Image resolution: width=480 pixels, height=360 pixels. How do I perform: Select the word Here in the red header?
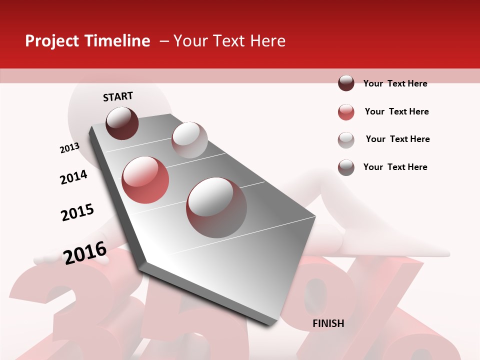[x=267, y=41]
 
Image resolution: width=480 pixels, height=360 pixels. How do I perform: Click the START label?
[x=118, y=96]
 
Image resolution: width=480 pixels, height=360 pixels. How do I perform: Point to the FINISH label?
[x=328, y=323]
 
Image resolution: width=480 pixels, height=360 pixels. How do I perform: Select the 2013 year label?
[x=69, y=148]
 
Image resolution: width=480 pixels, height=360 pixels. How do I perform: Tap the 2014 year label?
[x=73, y=177]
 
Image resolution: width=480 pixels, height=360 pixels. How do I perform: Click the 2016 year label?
[x=84, y=252]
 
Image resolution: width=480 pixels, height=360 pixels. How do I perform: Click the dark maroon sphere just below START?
[x=122, y=123]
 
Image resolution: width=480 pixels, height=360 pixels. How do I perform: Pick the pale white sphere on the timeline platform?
[x=189, y=139]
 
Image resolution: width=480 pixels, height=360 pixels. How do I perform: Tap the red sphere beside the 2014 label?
[x=145, y=179]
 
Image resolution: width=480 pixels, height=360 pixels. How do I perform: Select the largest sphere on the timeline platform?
[x=216, y=207]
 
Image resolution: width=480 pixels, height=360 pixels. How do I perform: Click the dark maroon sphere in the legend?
[x=346, y=83]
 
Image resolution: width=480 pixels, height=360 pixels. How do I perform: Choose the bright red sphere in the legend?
[x=346, y=112]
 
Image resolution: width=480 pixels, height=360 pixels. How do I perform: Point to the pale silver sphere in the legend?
[x=346, y=140]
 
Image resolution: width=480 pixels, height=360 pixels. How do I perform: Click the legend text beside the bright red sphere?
[x=396, y=111]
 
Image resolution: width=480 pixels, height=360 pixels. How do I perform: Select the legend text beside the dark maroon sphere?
[x=395, y=83]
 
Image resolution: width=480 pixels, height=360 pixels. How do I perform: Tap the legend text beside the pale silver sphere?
[x=397, y=139]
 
